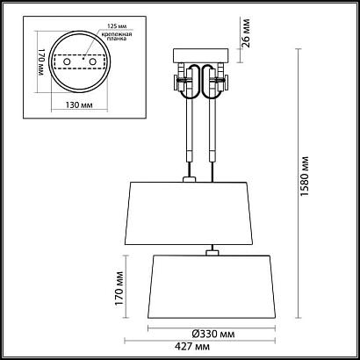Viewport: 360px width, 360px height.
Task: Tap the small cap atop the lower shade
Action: (211, 254)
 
